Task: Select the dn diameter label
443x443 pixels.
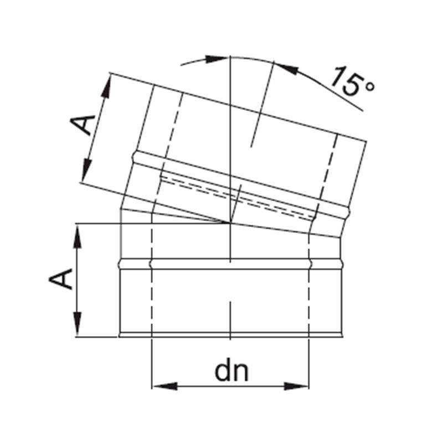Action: tap(232, 372)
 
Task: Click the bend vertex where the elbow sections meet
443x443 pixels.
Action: tap(229, 223)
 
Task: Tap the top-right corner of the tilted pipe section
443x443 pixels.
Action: tap(365, 142)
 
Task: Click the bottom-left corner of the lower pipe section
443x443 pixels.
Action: tap(120, 335)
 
